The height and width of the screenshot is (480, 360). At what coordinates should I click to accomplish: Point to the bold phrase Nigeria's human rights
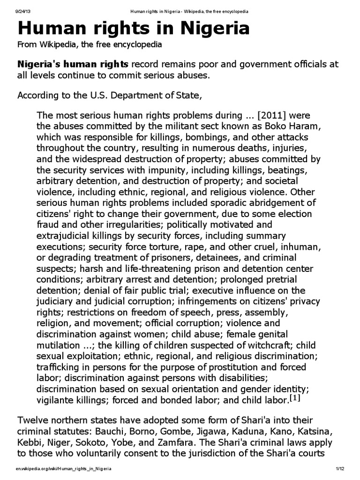click(73, 64)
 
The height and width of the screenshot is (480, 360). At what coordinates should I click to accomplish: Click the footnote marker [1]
click(295, 398)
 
